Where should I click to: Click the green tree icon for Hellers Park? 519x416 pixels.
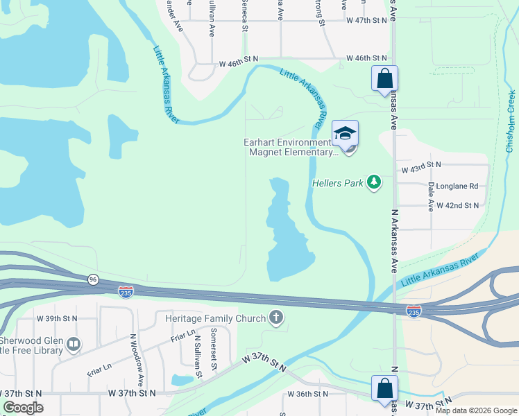click(x=375, y=182)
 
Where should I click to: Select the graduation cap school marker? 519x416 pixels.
click(x=345, y=134)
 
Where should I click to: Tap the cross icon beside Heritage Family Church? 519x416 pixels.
click(x=276, y=318)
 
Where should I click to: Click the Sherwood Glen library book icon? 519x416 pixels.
click(x=74, y=344)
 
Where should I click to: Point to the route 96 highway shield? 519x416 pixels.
click(x=93, y=279)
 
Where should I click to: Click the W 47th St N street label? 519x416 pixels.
click(x=366, y=21)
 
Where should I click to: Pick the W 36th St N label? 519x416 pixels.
click(x=308, y=394)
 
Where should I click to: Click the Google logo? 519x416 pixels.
click(x=23, y=408)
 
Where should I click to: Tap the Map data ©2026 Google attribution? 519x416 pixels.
click(x=476, y=410)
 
